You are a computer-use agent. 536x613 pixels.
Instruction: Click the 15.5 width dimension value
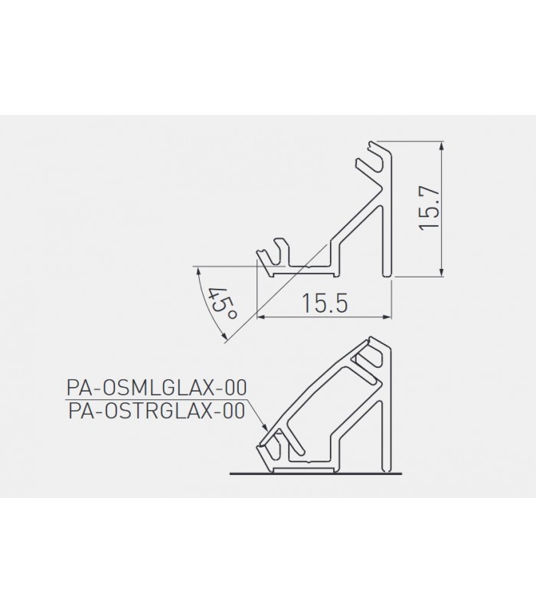click(x=325, y=303)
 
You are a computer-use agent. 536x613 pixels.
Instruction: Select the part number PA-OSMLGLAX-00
click(x=157, y=388)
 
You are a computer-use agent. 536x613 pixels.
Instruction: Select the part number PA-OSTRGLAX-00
click(x=157, y=411)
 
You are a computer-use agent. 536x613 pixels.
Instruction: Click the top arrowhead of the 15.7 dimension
click(x=442, y=146)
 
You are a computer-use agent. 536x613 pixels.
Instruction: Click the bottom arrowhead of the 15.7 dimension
click(x=442, y=271)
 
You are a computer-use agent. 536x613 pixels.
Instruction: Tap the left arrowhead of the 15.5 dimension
click(x=261, y=316)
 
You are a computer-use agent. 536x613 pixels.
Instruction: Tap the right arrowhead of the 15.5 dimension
click(x=387, y=316)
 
